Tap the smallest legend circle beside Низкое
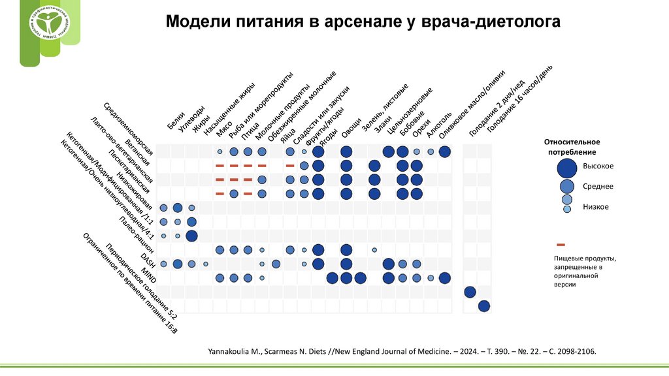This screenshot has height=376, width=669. pyautogui.click(x=568, y=208)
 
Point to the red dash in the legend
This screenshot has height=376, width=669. pyautogui.click(x=561, y=244)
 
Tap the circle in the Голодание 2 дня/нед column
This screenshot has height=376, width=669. pyautogui.click(x=470, y=292)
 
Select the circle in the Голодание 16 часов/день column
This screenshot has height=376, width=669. pyautogui.click(x=484, y=305)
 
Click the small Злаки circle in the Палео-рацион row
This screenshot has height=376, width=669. pyautogui.click(x=374, y=250)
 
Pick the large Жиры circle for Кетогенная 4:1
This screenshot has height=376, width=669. pyautogui.click(x=191, y=236)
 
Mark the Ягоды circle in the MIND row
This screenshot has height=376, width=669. pyautogui.click(x=332, y=278)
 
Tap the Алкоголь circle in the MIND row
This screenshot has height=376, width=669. pyautogui.click(x=431, y=278)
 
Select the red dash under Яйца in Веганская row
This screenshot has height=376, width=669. pyautogui.click(x=289, y=166)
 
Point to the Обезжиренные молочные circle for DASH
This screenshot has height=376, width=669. pyautogui.click(x=276, y=264)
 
